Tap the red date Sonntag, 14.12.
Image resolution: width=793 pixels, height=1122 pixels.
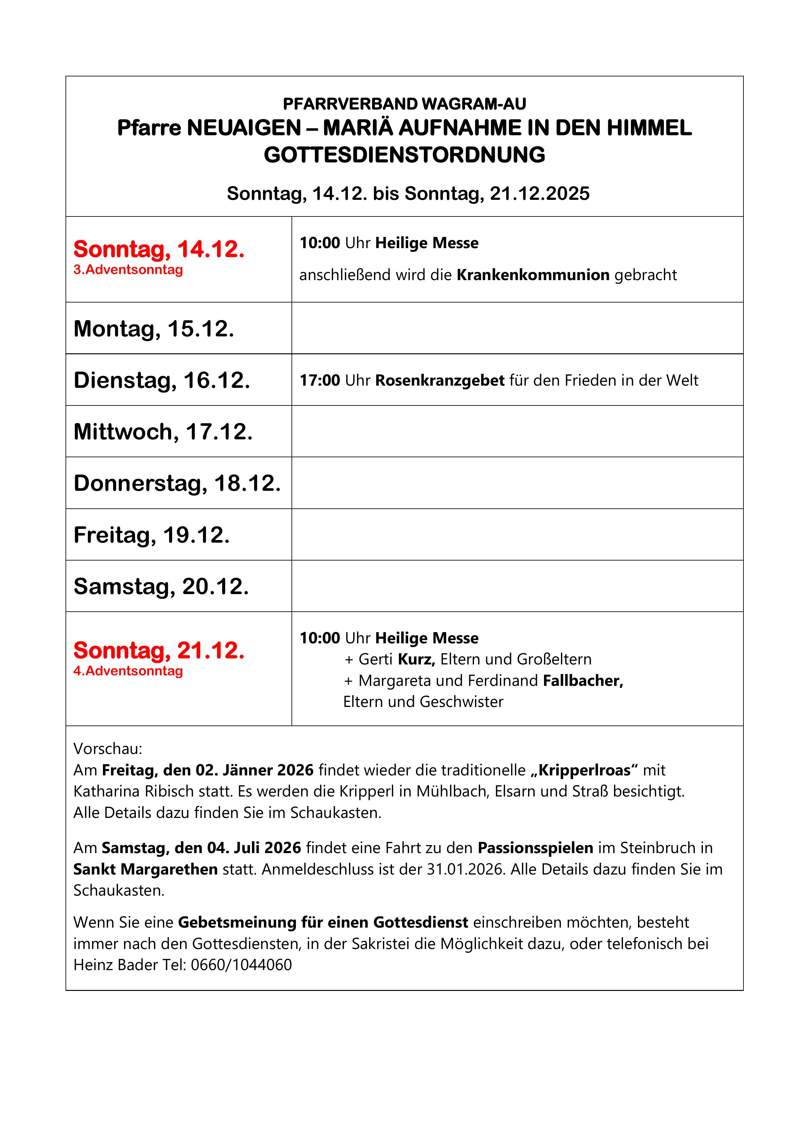tap(159, 249)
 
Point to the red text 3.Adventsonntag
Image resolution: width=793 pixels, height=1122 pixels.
tap(128, 270)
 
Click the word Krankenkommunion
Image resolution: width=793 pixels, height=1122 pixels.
tap(533, 275)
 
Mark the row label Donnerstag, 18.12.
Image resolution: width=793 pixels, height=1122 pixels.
tap(177, 483)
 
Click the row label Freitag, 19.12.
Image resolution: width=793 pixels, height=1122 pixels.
tap(152, 535)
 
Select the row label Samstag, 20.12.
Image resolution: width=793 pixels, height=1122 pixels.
tap(161, 586)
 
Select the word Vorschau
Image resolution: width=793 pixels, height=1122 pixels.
tap(107, 749)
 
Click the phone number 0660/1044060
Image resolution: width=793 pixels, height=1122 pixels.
tap(241, 965)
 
